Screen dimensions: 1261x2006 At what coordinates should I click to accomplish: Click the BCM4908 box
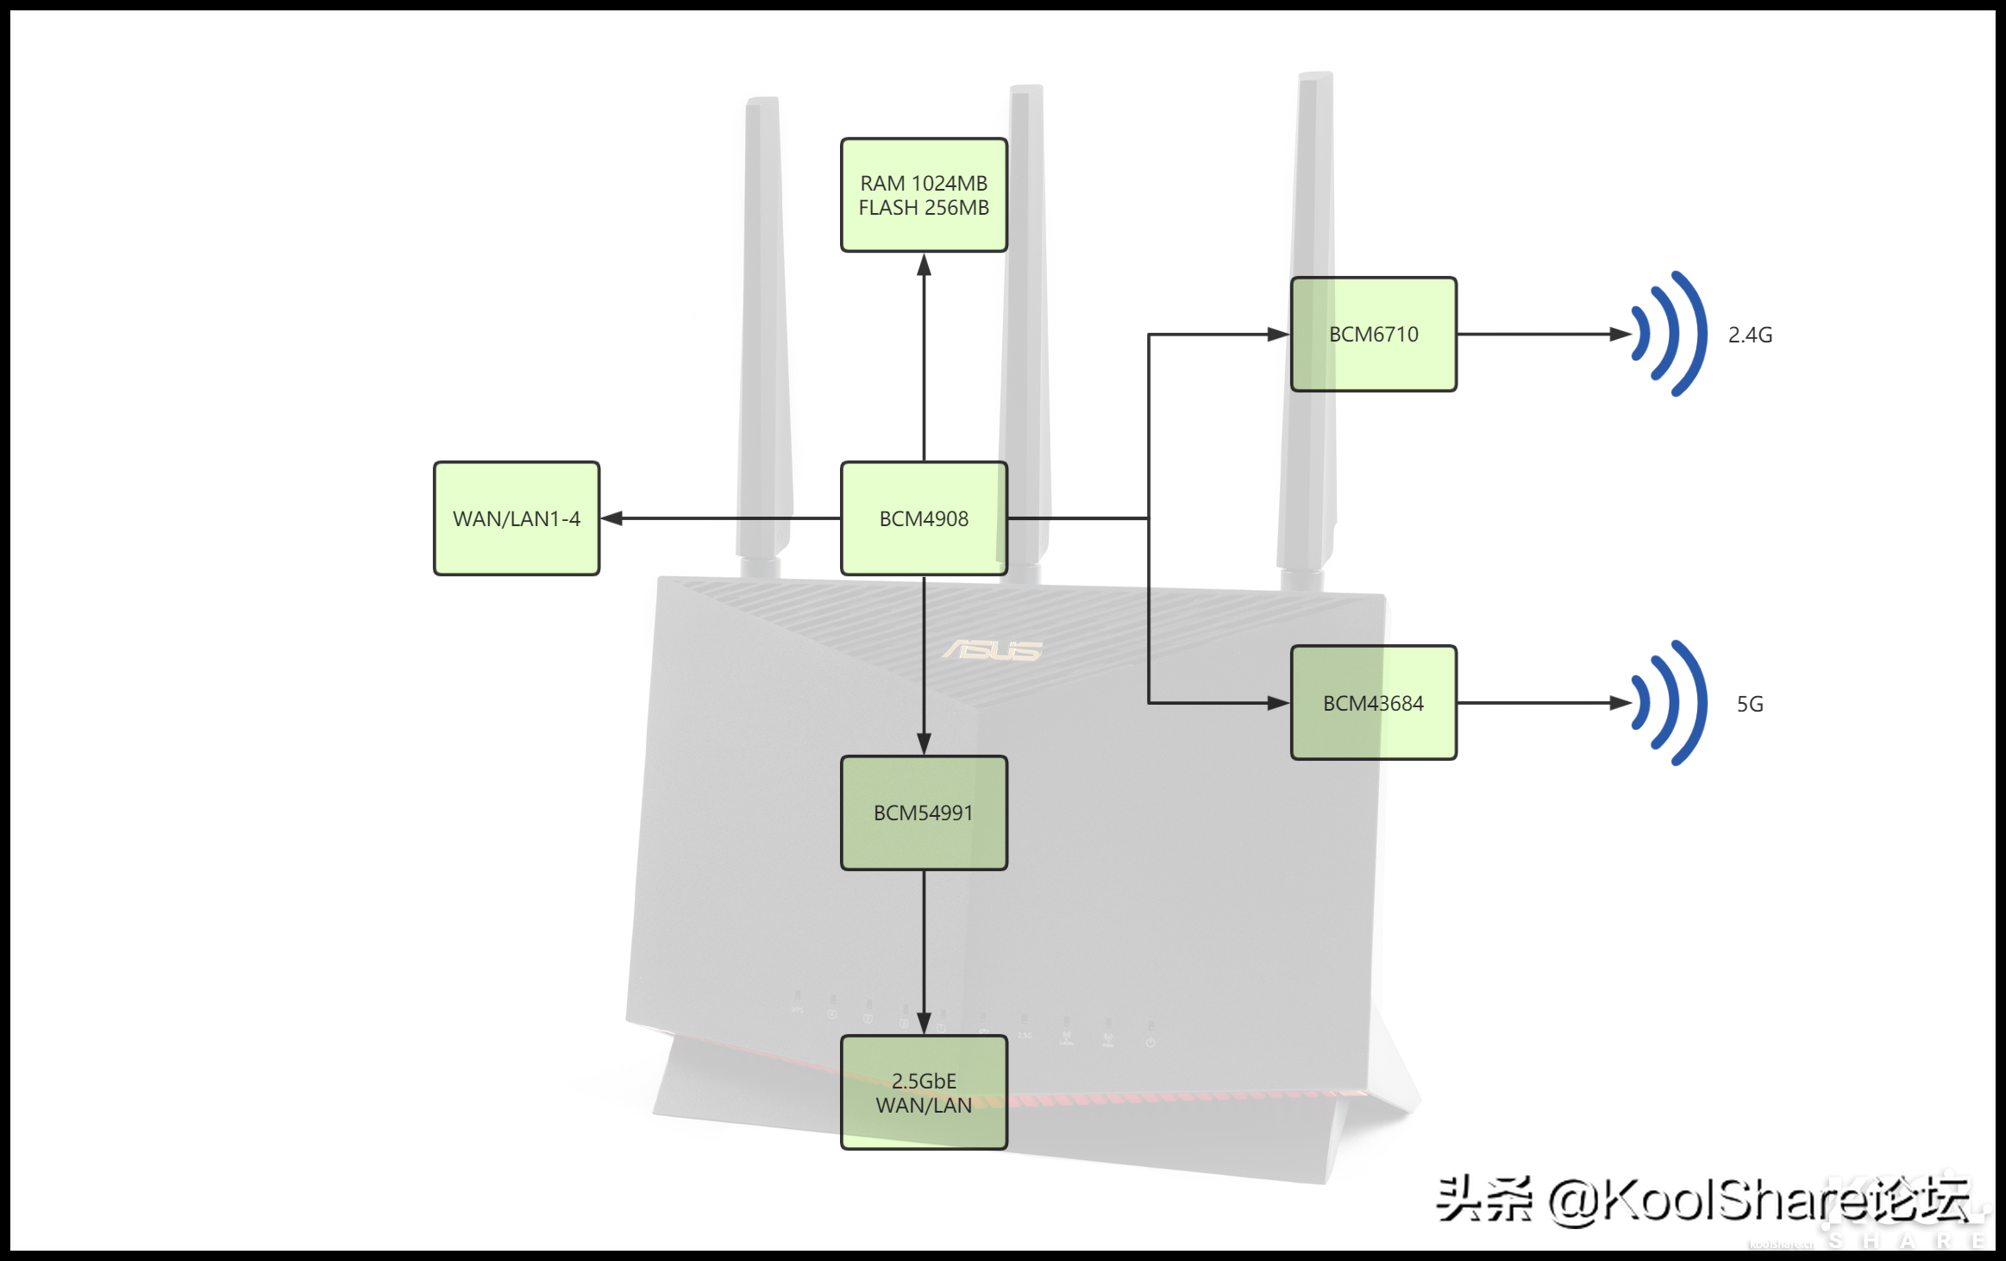pyautogui.click(x=924, y=518)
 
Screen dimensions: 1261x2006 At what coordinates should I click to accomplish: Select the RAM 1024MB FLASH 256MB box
pyautogui.click(x=924, y=195)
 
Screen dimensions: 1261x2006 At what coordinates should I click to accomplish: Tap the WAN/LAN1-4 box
pyautogui.click(x=517, y=518)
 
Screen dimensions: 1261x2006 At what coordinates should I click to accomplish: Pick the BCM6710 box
pyautogui.click(x=1373, y=335)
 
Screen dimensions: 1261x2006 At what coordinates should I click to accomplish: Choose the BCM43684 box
pyautogui.click(x=1373, y=703)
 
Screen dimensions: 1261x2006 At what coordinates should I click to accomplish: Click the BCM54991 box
pyautogui.click(x=924, y=812)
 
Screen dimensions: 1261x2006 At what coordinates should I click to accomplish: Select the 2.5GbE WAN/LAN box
pyautogui.click(x=924, y=1093)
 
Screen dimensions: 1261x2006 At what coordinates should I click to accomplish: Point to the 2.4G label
pyautogui.click(x=1750, y=335)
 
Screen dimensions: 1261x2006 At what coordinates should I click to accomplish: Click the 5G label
pyautogui.click(x=1750, y=704)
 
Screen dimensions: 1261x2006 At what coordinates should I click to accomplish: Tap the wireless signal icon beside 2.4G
pyautogui.click(x=1669, y=335)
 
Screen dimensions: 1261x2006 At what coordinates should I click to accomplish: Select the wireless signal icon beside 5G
pyautogui.click(x=1669, y=703)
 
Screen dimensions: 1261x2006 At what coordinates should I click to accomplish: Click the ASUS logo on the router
pyautogui.click(x=993, y=649)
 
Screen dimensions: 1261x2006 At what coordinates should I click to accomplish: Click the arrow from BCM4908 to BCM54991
pyautogui.click(x=924, y=664)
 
